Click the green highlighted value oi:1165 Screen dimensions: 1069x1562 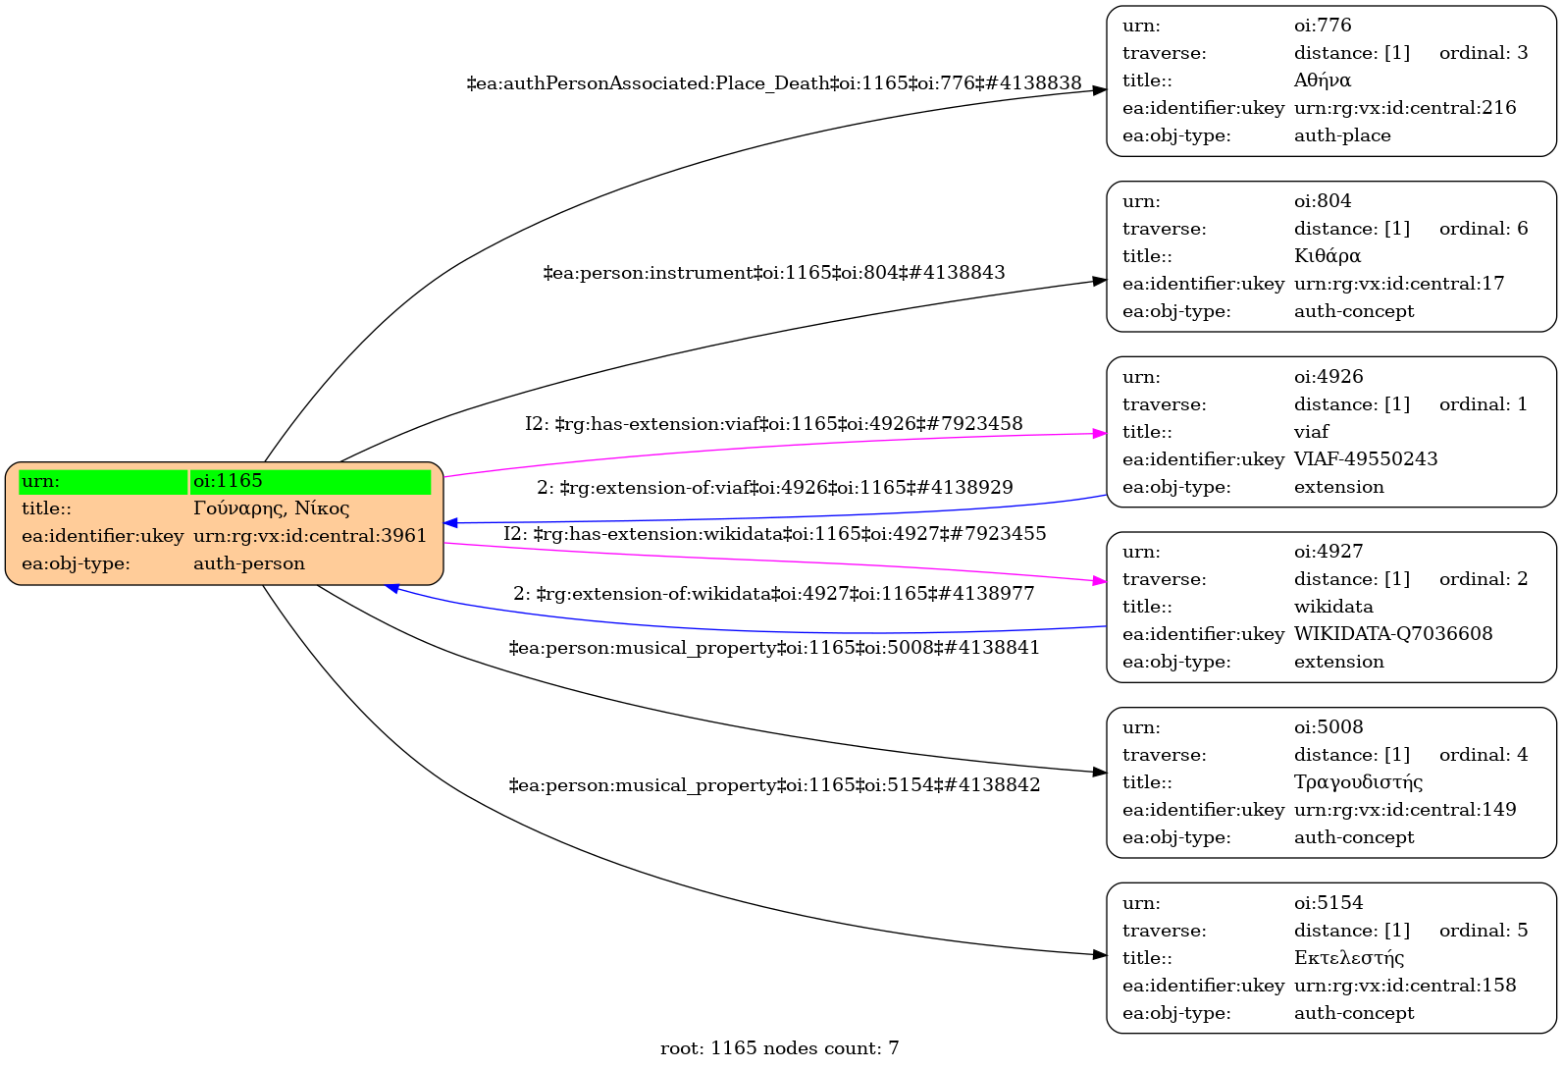tap(228, 481)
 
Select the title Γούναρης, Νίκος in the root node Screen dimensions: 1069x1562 tap(271, 508)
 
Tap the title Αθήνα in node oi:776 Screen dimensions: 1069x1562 tap(1322, 80)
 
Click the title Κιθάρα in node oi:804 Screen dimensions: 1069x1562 tap(1327, 256)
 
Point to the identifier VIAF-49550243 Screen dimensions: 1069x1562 tap(1365, 459)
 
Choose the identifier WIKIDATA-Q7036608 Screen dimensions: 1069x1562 tap(1392, 634)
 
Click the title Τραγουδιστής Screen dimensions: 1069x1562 tap(1358, 782)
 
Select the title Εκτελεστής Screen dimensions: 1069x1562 tap(1349, 958)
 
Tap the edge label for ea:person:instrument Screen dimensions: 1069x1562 tap(773, 273)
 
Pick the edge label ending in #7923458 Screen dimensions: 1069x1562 tap(773, 424)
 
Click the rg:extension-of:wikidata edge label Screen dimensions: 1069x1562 tap(773, 594)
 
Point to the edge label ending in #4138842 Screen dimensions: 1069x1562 tap(773, 785)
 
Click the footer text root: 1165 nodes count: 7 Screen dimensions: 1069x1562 tap(779, 1048)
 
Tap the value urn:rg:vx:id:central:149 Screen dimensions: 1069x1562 tap(1404, 810)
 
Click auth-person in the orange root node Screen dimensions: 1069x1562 tap(248, 563)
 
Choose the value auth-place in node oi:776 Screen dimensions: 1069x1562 tap(1341, 135)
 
